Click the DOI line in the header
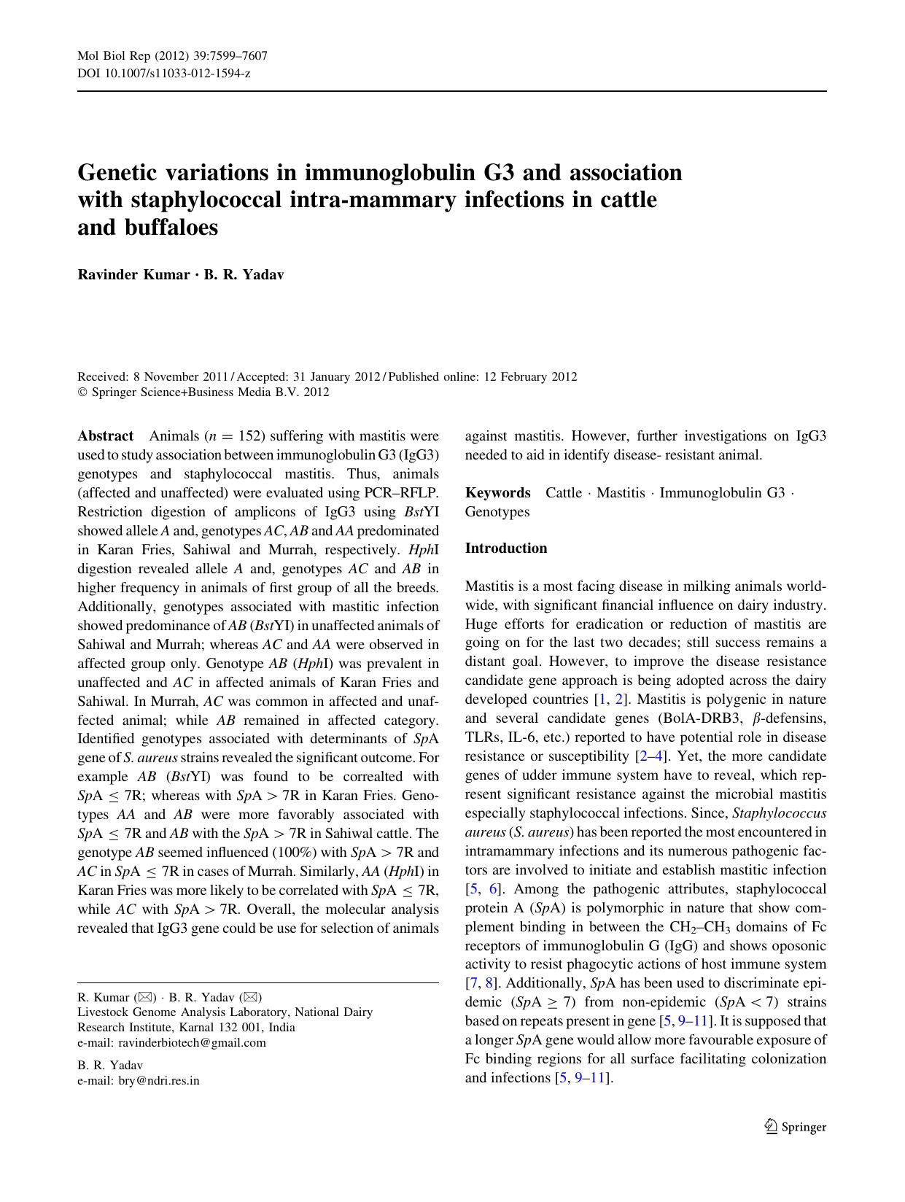point(164,74)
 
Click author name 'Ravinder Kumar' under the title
point(133,275)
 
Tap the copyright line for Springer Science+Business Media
point(203,392)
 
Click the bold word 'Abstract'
point(106,436)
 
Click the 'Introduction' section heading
point(506,548)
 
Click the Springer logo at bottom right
point(795,1127)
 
